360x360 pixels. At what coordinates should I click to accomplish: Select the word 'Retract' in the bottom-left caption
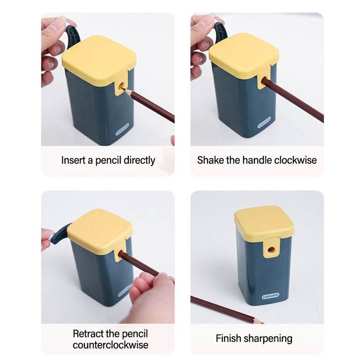tap(89, 334)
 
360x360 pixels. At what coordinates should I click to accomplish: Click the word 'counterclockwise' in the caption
tap(110, 345)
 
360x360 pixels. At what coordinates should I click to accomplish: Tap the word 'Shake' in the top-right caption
tap(210, 160)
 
